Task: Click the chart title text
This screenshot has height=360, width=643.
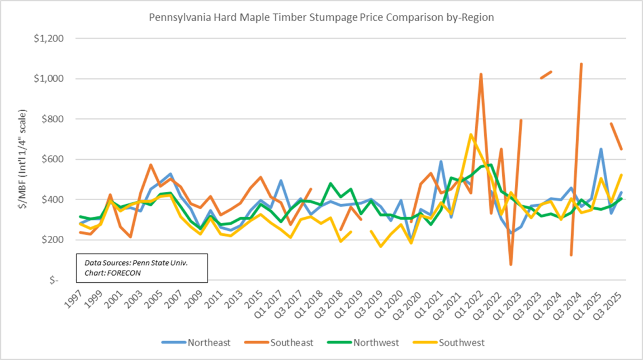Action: pyautogui.click(x=321, y=17)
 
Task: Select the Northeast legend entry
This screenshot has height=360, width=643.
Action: pyautogui.click(x=209, y=343)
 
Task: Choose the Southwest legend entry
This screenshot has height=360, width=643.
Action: pyautogui.click(x=461, y=343)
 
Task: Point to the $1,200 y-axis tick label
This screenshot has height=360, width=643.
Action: pyautogui.click(x=49, y=39)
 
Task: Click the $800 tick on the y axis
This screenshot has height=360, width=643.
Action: pyautogui.click(x=53, y=119)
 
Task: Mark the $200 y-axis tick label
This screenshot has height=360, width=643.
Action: pyautogui.click(x=53, y=240)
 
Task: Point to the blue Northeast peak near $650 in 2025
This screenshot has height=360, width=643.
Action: pyautogui.click(x=601, y=149)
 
